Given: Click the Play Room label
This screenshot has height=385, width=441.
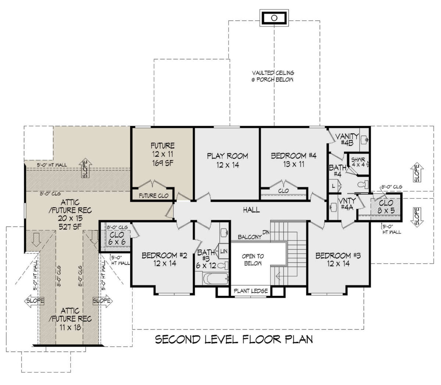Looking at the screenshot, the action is (x=227, y=156).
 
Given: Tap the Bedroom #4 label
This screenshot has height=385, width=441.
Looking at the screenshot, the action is (x=294, y=156).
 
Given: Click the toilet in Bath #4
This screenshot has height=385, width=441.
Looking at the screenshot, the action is (x=363, y=184).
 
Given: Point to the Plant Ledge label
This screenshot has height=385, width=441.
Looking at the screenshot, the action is (x=251, y=291).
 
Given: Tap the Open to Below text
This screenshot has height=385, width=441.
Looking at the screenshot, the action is (x=252, y=260).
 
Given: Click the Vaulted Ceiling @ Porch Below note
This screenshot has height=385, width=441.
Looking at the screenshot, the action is (x=273, y=76).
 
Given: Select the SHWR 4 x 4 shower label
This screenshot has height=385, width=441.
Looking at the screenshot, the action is (x=358, y=162).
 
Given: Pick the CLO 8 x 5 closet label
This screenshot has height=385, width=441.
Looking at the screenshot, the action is (x=386, y=206).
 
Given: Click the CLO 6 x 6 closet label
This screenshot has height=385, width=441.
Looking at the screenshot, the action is (x=116, y=238).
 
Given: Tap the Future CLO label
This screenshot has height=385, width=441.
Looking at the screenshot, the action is (x=154, y=196).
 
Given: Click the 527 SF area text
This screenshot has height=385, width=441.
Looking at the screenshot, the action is (x=70, y=227).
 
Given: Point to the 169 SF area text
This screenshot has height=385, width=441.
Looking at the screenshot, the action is (x=162, y=163).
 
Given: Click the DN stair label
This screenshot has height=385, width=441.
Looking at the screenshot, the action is (x=266, y=232).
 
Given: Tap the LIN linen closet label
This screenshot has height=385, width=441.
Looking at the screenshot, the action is (x=224, y=251).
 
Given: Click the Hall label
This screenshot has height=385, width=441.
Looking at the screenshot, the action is (x=251, y=210).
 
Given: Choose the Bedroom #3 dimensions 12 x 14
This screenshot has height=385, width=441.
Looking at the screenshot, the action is (x=338, y=263).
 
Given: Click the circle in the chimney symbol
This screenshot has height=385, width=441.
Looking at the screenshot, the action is (x=274, y=18).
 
